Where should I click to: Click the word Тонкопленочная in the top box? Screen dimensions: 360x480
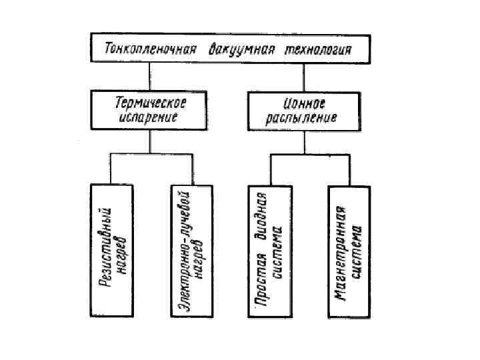(150, 50)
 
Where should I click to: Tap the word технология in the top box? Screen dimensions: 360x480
(319, 50)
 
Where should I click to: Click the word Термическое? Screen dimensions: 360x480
(151, 103)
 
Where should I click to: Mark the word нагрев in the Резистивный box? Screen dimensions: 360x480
(121, 248)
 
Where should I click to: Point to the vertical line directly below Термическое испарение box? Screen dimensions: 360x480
(150, 141)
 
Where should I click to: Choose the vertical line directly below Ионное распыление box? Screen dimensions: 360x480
(303, 141)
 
